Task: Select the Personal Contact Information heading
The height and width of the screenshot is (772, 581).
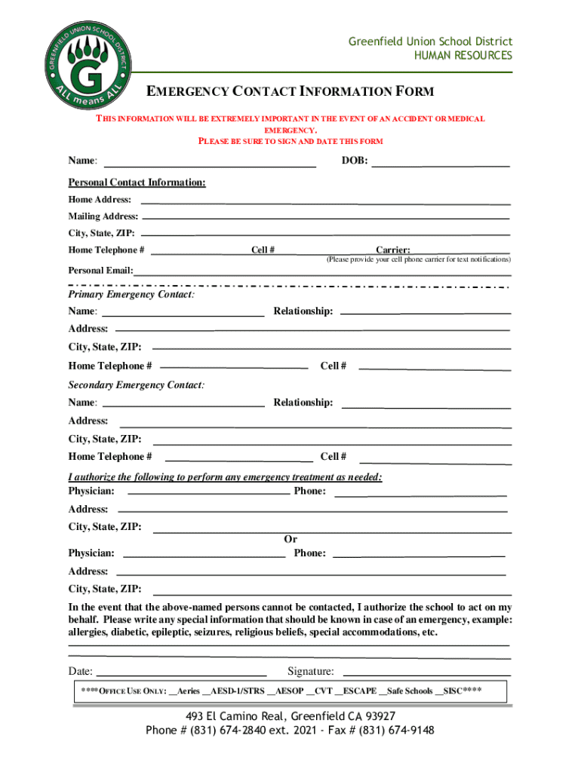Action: tap(137, 182)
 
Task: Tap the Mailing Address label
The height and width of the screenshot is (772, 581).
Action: tap(103, 216)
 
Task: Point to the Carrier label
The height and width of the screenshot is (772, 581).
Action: tap(393, 250)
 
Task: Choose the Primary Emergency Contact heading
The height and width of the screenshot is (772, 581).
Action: tap(131, 295)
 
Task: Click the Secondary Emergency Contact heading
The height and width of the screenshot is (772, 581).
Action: tap(136, 385)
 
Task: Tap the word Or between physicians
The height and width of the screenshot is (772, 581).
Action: tap(290, 539)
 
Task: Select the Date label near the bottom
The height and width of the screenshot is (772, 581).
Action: tap(81, 671)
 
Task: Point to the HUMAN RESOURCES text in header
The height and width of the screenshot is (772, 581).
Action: tap(463, 56)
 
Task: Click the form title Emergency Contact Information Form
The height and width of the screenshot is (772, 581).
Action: tap(290, 92)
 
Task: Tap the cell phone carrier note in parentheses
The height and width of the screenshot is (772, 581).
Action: tap(418, 259)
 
